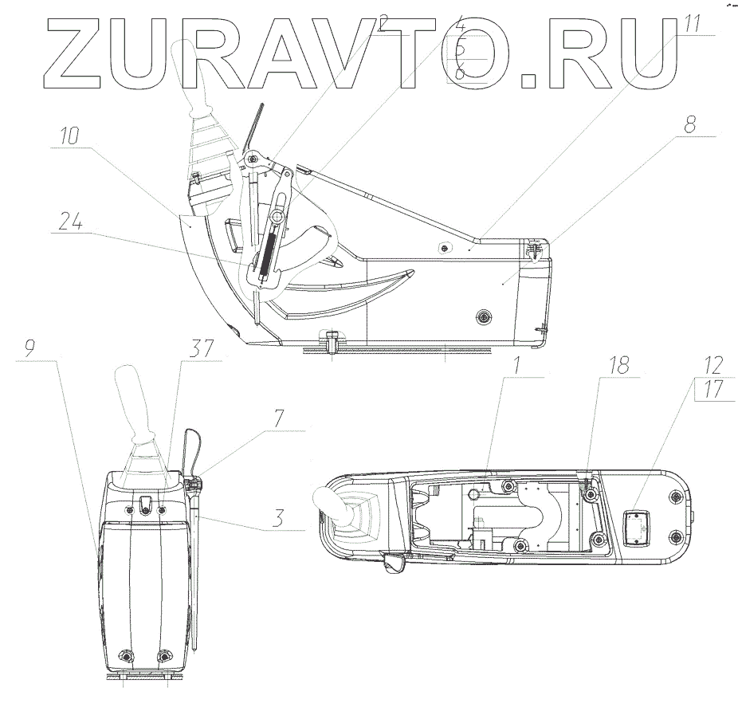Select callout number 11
tap(692, 22)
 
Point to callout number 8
tap(689, 124)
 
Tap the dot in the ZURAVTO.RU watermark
tap(539, 81)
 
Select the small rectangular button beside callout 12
tap(637, 526)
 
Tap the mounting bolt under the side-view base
tap(330, 344)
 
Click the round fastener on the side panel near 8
tap(482, 317)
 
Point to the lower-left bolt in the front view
tap(126, 655)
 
